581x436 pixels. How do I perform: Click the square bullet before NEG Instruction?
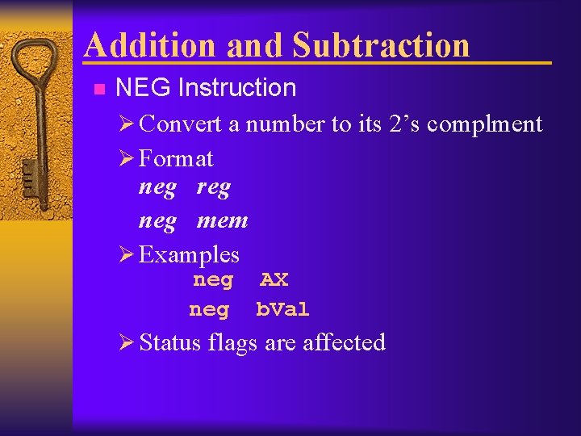(98, 89)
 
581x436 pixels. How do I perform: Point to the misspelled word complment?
(484, 124)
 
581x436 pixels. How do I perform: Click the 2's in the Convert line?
(404, 124)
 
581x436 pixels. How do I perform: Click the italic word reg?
(213, 189)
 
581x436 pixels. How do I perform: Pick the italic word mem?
(222, 220)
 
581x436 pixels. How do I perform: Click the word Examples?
(189, 255)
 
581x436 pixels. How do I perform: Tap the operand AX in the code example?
(274, 280)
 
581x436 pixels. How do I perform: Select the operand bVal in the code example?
(282, 309)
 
